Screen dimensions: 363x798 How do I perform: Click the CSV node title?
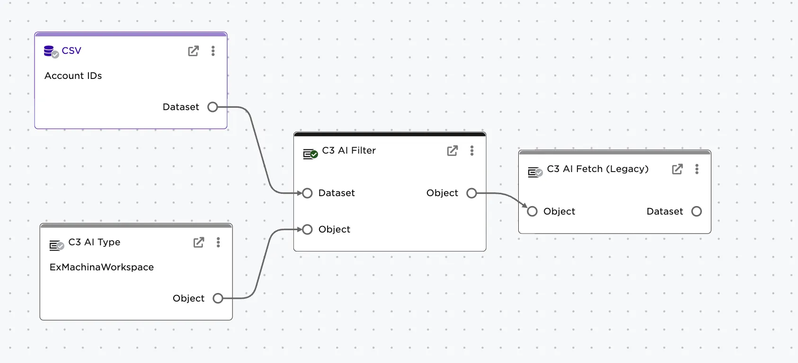pyautogui.click(x=71, y=51)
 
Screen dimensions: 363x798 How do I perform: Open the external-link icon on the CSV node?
pyautogui.click(x=193, y=51)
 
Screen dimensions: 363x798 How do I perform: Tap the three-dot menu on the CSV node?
pyautogui.click(x=213, y=51)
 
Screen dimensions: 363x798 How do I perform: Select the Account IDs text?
pyautogui.click(x=73, y=76)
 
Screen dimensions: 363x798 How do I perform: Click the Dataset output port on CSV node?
pyautogui.click(x=213, y=107)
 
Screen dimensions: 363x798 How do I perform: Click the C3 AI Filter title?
pyautogui.click(x=349, y=150)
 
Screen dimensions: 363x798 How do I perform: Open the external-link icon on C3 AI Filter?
pyautogui.click(x=452, y=151)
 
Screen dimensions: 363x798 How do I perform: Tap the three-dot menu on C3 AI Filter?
pyautogui.click(x=472, y=151)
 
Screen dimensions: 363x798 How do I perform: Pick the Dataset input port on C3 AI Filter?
pyautogui.click(x=308, y=193)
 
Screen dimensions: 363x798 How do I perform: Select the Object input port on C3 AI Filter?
pyautogui.click(x=308, y=229)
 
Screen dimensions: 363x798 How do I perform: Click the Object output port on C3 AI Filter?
pyautogui.click(x=471, y=193)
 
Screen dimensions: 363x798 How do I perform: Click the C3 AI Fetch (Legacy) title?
pyautogui.click(x=597, y=169)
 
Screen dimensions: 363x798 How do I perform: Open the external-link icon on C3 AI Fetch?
pyautogui.click(x=677, y=169)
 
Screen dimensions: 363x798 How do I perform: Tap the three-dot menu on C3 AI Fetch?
pyautogui.click(x=697, y=169)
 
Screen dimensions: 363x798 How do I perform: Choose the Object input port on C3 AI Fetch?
pyautogui.click(x=532, y=211)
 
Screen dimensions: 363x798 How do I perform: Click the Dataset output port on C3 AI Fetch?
pyautogui.click(x=696, y=211)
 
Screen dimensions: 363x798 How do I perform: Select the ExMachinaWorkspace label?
pyautogui.click(x=102, y=267)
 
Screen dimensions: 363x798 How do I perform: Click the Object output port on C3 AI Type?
pyautogui.click(x=218, y=298)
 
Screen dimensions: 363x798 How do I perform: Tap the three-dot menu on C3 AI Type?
pyautogui.click(x=218, y=242)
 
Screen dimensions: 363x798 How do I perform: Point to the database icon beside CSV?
pyautogui.click(x=49, y=51)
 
